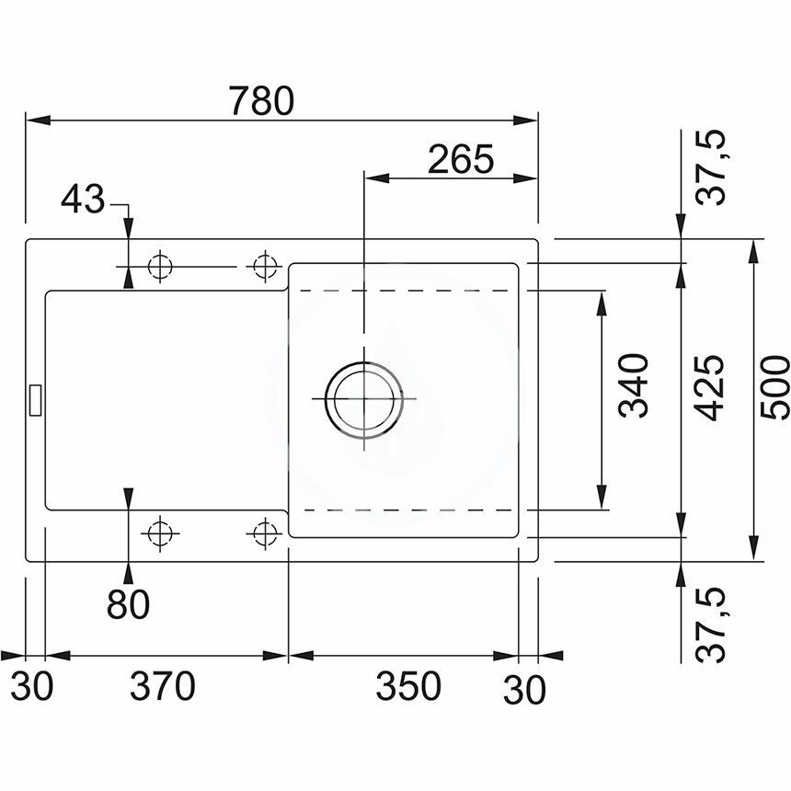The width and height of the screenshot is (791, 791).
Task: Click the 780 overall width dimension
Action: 261,100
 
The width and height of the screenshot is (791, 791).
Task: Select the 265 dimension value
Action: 461,159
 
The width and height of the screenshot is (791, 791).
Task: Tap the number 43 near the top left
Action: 83,199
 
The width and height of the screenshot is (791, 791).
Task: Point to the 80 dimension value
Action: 128,604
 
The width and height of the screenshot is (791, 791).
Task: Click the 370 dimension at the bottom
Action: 163,685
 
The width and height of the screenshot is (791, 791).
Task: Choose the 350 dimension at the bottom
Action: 408,685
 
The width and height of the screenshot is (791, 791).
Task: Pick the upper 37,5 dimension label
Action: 711,167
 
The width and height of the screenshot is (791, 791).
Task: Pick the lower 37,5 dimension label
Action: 711,625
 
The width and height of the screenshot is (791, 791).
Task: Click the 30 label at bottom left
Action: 32,686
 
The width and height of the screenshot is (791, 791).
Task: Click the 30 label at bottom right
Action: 524,690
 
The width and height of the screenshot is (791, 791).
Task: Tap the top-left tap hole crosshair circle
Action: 160,266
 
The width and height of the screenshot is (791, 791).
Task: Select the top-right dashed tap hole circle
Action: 265,266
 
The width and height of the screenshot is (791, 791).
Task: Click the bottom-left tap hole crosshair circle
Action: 160,533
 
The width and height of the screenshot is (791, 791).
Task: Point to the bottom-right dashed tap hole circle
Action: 265,533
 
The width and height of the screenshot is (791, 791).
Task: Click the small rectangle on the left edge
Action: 35,400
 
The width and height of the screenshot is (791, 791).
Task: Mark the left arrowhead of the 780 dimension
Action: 39,120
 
